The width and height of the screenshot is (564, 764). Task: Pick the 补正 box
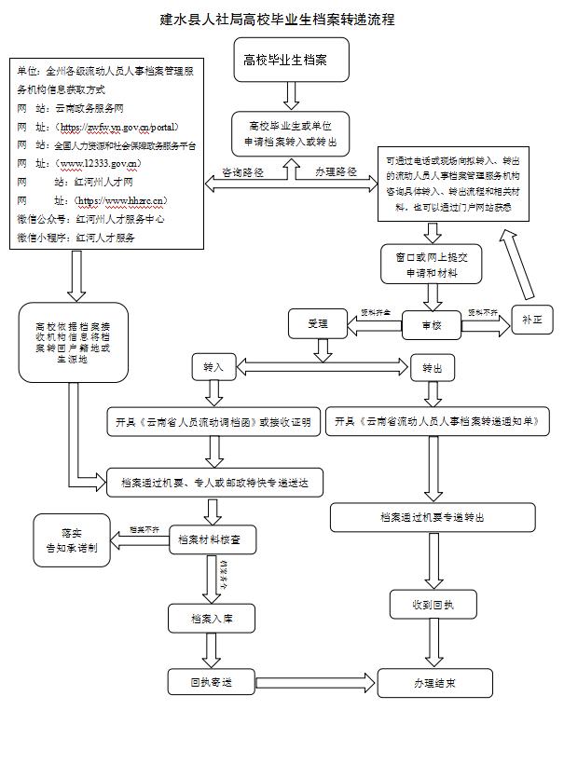click(531, 320)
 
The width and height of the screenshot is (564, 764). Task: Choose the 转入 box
click(214, 368)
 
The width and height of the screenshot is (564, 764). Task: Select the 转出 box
click(432, 368)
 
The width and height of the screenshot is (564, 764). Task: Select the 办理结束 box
click(434, 683)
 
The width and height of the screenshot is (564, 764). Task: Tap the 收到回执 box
click(434, 605)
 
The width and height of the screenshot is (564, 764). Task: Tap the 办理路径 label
click(336, 172)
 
